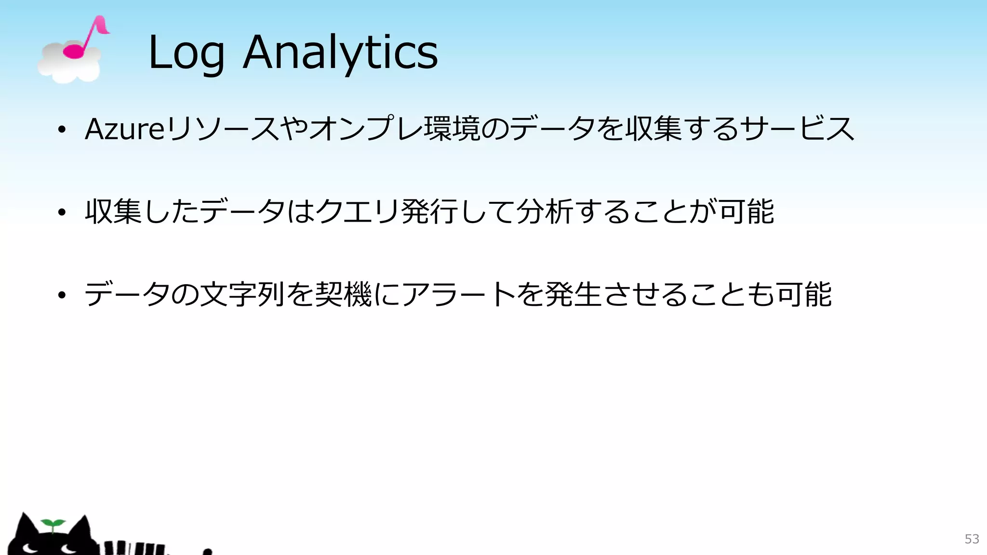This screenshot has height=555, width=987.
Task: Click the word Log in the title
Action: coord(186,53)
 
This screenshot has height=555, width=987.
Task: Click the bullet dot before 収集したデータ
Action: coord(61,212)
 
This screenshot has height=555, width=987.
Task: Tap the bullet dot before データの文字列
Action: coord(61,295)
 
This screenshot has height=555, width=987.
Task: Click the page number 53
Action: coord(972,539)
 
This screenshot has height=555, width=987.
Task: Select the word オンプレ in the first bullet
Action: coord(366,129)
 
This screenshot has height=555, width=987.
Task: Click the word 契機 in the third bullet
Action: coord(343,295)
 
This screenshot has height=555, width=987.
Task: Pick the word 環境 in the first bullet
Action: coord(452,129)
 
